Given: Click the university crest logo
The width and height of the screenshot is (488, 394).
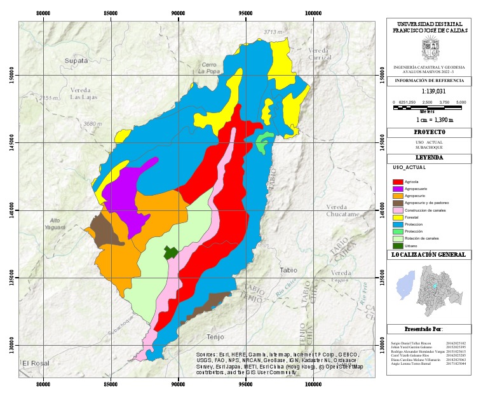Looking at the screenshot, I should pos(430,48).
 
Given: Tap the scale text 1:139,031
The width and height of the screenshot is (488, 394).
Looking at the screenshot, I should pos(429,92).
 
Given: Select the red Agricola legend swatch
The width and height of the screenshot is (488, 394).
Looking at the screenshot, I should pos(398,182).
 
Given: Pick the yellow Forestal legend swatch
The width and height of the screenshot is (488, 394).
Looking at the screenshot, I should pos(398,217).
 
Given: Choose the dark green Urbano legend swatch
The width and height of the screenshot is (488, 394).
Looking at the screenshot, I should pos(398,245).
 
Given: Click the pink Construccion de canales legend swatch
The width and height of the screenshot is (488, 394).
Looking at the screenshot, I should pos(398,210).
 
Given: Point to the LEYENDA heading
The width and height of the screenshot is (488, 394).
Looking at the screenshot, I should pos(429,157).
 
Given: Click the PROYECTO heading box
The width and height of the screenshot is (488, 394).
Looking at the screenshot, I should pos(429,132).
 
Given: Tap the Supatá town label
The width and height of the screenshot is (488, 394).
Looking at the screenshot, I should pos(76,60).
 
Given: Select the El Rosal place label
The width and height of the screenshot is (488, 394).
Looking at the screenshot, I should pos(36,363).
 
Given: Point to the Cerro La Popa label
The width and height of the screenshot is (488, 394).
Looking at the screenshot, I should pos(209,68).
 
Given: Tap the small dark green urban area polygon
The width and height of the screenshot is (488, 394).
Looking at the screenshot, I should pos(170,252).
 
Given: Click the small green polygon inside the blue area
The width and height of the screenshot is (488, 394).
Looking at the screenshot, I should pos(264,141).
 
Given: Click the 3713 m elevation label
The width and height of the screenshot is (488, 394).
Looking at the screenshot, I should pos(273,32).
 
